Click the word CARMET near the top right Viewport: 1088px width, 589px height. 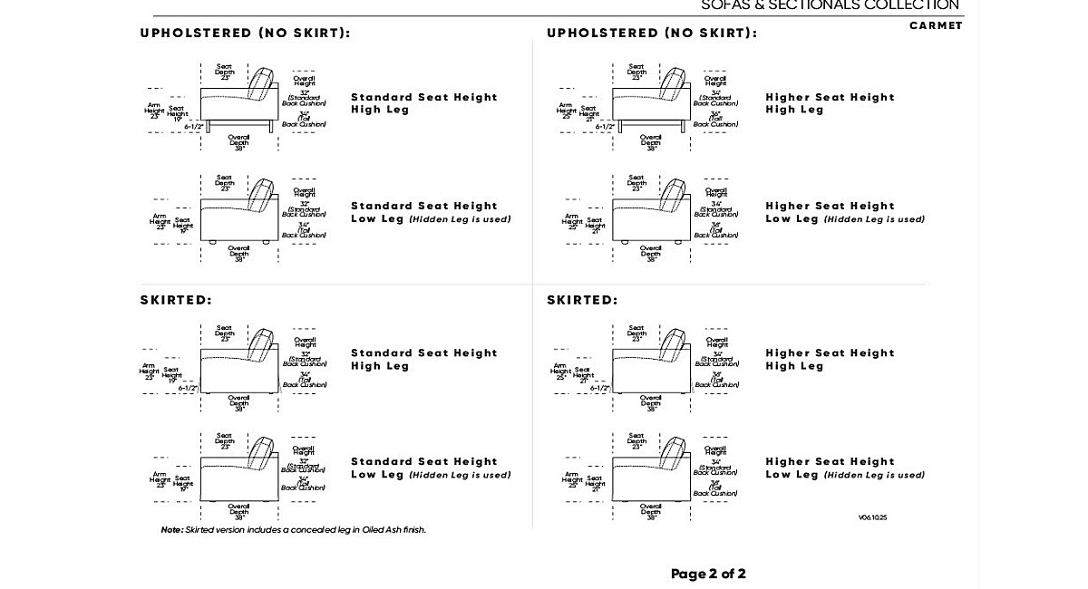click(936, 25)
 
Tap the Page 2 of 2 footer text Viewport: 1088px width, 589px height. click(708, 574)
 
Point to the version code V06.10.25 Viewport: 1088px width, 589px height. click(873, 518)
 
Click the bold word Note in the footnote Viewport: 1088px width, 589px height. click(171, 530)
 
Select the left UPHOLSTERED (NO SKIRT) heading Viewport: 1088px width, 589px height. click(245, 33)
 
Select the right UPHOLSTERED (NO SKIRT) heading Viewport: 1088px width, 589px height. click(652, 33)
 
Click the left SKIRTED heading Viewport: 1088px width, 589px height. click(176, 300)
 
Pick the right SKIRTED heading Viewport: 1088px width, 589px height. click(582, 300)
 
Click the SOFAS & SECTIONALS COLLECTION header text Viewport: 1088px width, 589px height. click(830, 5)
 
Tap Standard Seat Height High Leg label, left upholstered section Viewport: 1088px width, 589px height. click(424, 103)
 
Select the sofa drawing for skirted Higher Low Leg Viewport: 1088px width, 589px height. click(650, 474)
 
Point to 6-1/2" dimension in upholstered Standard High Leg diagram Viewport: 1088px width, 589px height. click(194, 127)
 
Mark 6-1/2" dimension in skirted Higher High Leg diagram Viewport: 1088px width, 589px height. click(599, 388)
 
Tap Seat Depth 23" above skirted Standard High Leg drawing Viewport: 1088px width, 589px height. click(224, 333)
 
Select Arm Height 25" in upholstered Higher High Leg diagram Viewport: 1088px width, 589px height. click(566, 111)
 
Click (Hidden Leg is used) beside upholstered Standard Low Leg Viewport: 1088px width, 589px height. click(460, 219)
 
